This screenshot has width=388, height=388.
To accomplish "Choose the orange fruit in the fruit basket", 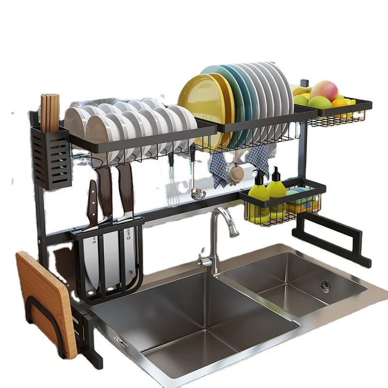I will click(x=339, y=103).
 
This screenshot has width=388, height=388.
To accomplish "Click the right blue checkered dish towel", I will click(x=258, y=158).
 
